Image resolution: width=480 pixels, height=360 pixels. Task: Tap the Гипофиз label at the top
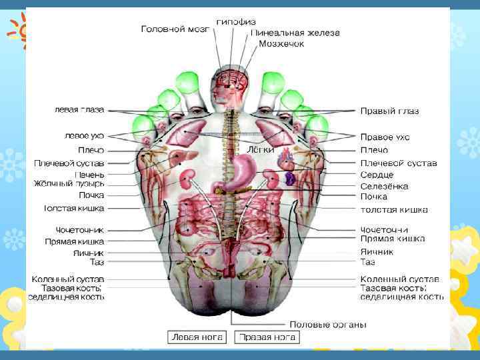pos(235,21)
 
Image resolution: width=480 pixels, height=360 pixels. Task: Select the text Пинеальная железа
pos(295,32)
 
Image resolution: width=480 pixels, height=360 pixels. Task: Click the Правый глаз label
pos(389,111)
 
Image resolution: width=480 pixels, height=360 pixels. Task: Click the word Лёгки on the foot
pos(261,149)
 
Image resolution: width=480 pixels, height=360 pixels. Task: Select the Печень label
pos(89,173)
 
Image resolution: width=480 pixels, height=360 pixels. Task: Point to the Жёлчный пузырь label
pos(70,183)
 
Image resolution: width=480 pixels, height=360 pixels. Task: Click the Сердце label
pos(377,175)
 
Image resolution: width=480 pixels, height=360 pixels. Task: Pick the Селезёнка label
pos(384,186)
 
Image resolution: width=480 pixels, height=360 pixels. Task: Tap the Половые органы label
pos(328,325)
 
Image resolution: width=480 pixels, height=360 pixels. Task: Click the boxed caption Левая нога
pos(197,337)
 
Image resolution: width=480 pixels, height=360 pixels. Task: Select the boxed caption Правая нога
pos(269,337)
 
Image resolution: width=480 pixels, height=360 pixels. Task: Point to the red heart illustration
pos(285,160)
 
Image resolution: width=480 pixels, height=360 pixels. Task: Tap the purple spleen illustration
pos(290,179)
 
